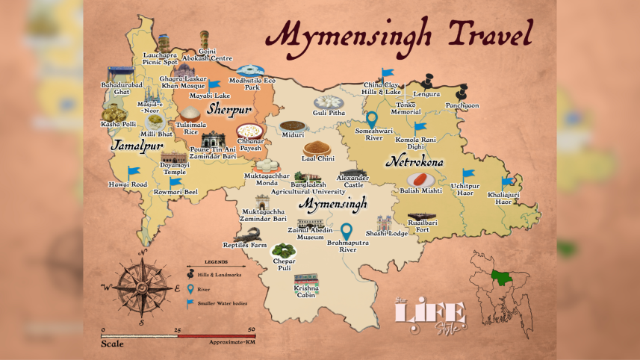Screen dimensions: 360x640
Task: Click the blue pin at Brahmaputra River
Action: [x=347, y=232]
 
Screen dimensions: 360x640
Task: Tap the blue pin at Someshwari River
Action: [x=371, y=120]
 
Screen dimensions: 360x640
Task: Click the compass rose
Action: [x=141, y=286]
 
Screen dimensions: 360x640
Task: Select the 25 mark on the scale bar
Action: [x=177, y=329]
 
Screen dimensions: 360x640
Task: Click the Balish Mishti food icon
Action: [x=420, y=179]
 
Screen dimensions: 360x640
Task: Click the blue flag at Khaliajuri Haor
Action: [x=507, y=181]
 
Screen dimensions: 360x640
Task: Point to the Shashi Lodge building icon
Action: [x=385, y=223]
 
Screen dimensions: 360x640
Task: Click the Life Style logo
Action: [x=430, y=314]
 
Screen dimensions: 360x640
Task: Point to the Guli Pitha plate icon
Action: [x=327, y=102]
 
